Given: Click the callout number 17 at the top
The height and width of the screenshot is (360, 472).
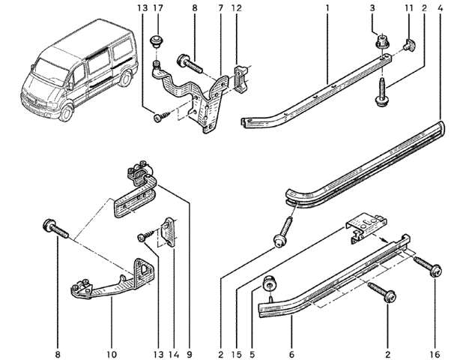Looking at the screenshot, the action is [158, 8].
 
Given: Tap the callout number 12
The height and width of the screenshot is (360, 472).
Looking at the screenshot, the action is [237, 8].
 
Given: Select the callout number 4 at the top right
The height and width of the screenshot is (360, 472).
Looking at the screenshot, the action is [441, 8].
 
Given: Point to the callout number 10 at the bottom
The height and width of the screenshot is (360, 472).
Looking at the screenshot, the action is [111, 354].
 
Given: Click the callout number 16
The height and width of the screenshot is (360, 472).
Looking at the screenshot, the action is [435, 354].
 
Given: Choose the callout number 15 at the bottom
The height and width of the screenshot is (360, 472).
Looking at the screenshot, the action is [237, 354].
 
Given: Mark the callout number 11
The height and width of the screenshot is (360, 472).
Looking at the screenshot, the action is [409, 8].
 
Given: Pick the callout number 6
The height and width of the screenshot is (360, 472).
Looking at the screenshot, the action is [291, 354].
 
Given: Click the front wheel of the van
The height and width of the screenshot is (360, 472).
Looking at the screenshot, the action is [66, 113].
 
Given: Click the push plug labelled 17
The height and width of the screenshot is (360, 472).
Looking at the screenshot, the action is [156, 41].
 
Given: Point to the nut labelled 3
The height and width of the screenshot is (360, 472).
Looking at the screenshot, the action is [382, 41].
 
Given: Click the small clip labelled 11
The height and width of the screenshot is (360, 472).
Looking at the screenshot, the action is [409, 44].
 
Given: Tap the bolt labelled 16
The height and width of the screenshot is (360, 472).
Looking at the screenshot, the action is [428, 265].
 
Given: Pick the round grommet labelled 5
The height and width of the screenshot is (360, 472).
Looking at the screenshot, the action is [270, 283].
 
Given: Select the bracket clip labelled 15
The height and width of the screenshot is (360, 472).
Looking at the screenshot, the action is [365, 226].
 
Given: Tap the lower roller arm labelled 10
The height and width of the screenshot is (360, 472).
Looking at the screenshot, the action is [112, 279].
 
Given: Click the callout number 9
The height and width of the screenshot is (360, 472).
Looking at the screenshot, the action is [190, 354].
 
